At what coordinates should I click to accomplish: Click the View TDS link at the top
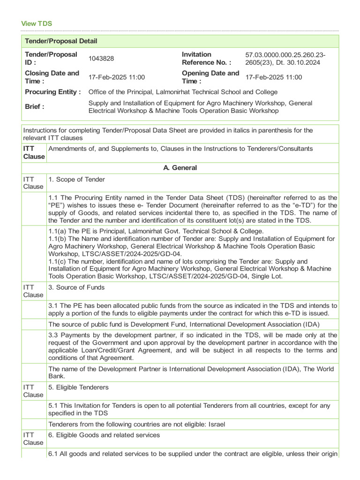point(37,23)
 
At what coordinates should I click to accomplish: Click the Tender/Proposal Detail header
point(61,41)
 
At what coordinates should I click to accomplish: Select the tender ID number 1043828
point(101,59)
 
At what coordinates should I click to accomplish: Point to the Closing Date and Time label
point(52,77)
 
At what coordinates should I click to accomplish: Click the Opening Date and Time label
point(210,77)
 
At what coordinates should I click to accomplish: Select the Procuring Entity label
point(53,92)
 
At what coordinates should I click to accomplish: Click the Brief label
point(35,106)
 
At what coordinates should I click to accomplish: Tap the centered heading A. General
point(180,168)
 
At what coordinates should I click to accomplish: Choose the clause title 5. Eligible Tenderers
point(79,387)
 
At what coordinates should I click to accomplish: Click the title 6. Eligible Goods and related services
point(104,435)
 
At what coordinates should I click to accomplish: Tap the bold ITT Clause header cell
point(34,152)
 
